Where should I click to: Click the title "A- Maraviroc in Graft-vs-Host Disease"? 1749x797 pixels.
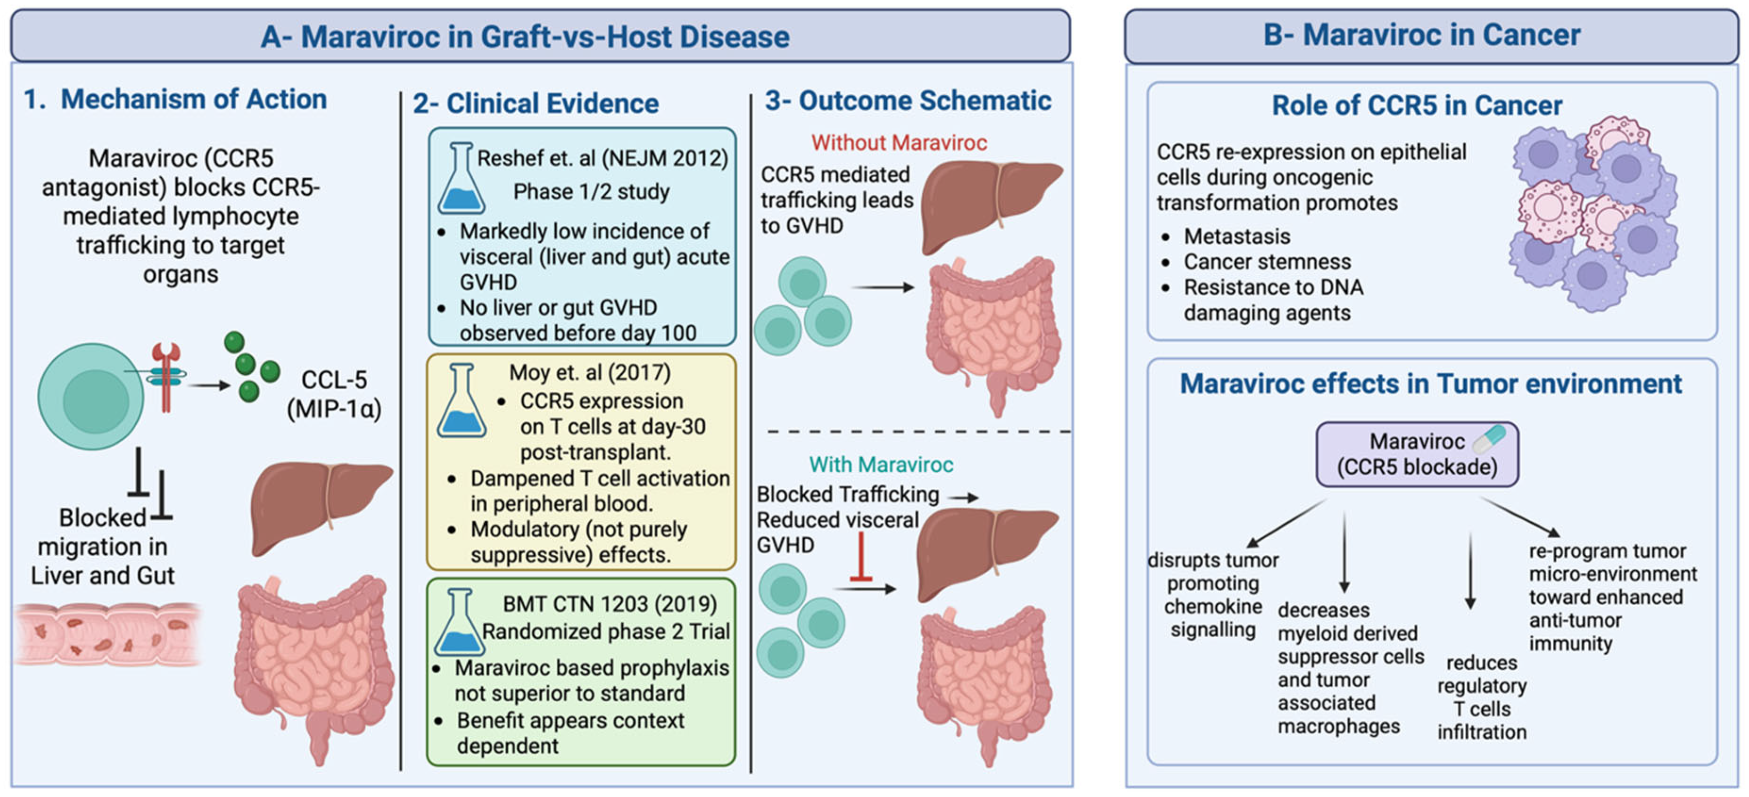(525, 37)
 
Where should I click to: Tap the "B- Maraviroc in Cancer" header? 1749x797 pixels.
(1422, 34)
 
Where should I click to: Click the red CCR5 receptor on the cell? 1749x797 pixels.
(165, 377)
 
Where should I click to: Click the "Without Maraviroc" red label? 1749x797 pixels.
(899, 142)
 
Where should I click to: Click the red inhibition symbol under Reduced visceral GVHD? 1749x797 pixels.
(861, 557)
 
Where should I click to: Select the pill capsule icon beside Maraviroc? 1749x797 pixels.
(1489, 439)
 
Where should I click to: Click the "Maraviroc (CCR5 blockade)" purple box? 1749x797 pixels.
(1417, 454)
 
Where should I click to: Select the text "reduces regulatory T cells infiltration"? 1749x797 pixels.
(1482, 697)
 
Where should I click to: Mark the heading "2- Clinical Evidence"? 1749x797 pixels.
(536, 103)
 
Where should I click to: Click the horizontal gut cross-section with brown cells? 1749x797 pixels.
(108, 635)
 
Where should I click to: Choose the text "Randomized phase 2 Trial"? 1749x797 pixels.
(606, 632)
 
